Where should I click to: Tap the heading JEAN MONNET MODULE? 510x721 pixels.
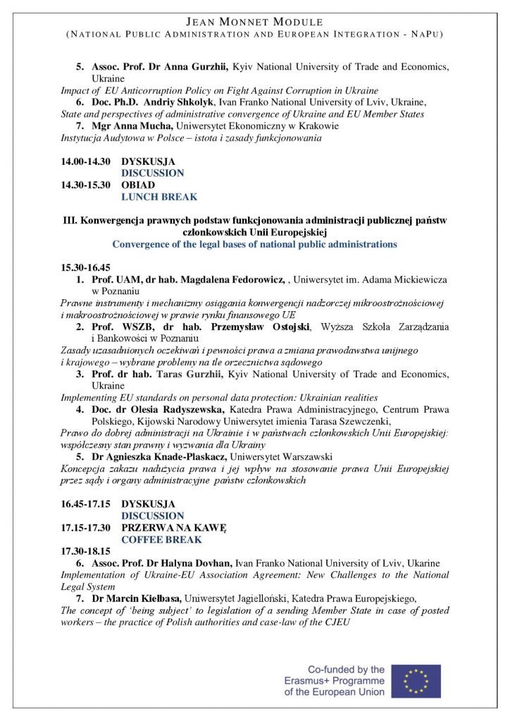[254, 23]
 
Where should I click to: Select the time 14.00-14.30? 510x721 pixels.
[85, 161]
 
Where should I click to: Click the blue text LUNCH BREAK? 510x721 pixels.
[159, 197]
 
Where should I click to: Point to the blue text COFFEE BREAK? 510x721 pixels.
[161, 539]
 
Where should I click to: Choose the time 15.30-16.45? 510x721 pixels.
[87, 268]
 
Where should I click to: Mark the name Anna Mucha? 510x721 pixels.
[143, 126]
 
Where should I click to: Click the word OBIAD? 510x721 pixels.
[138, 185]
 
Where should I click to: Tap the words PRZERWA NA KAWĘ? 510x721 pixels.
[173, 527]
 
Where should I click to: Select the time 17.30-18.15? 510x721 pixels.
[85, 551]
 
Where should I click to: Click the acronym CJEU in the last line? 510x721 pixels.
[336, 622]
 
